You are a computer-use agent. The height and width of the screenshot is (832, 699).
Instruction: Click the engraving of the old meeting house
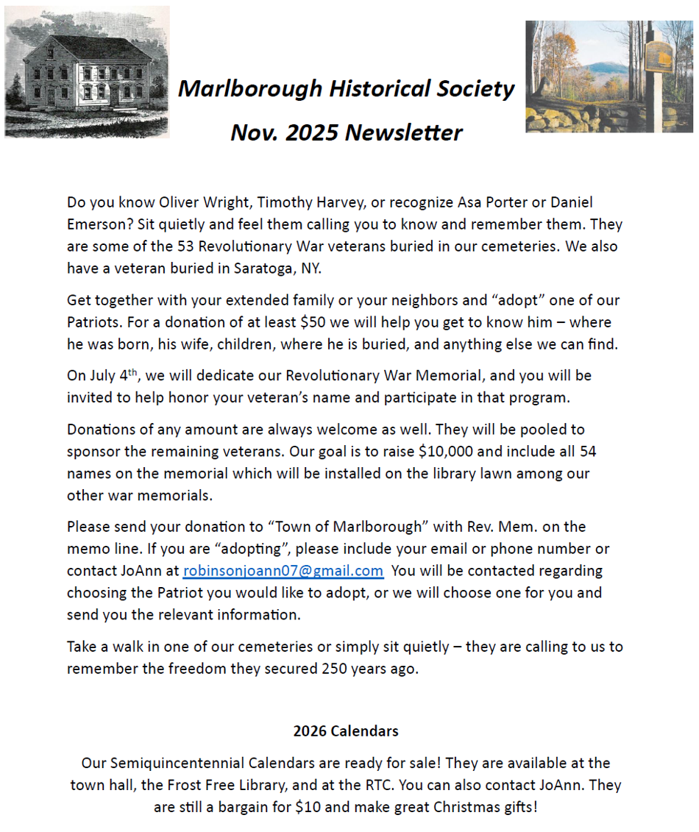87,72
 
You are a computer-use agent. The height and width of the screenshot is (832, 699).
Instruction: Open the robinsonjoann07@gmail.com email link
283,571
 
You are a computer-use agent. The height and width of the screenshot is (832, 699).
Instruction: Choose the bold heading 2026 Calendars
346,731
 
